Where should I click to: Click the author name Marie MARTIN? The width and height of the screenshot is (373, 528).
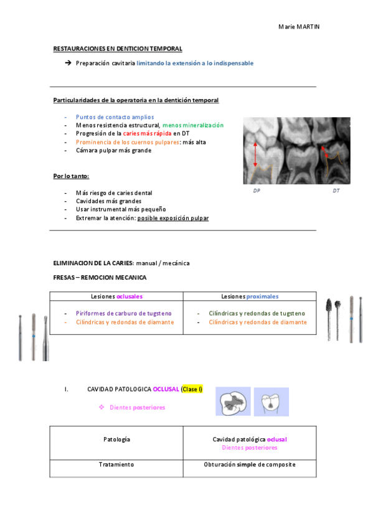pyautogui.click(x=298, y=27)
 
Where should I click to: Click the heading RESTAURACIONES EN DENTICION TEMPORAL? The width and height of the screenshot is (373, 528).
pyautogui.click(x=118, y=49)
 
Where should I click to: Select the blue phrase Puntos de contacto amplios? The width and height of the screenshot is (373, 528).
pyautogui.click(x=115, y=116)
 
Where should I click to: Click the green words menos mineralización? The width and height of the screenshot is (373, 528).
pyautogui.click(x=192, y=125)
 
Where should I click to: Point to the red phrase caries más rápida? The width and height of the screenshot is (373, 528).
pyautogui.click(x=147, y=133)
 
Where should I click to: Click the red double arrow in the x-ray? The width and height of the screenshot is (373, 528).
pyautogui.click(x=255, y=154)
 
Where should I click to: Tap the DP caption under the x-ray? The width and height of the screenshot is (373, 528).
pyautogui.click(x=257, y=191)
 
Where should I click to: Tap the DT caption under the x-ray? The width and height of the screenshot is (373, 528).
pyautogui.click(x=336, y=191)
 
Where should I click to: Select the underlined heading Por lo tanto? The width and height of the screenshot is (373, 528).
pyautogui.click(x=71, y=176)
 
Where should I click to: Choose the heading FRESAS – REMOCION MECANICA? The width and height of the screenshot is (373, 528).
pyautogui.click(x=100, y=277)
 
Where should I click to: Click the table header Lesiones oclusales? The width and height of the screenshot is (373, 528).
pyautogui.click(x=116, y=296)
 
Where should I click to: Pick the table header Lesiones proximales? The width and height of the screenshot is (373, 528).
pyautogui.click(x=250, y=296)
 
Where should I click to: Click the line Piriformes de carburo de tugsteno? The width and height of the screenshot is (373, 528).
pyautogui.click(x=124, y=313)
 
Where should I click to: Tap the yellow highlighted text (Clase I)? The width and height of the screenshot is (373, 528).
pyautogui.click(x=192, y=389)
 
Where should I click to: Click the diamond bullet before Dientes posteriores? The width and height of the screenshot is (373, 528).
pyautogui.click(x=102, y=407)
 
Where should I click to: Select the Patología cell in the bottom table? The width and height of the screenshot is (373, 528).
pyautogui.click(x=116, y=440)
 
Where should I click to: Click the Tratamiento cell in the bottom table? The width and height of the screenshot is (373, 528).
pyautogui.click(x=116, y=464)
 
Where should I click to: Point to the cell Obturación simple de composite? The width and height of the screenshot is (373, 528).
pyautogui.click(x=250, y=464)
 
